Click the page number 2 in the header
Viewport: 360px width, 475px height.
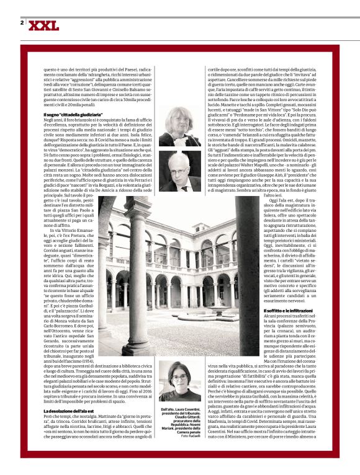pyautogui.click(x=22, y=23)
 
